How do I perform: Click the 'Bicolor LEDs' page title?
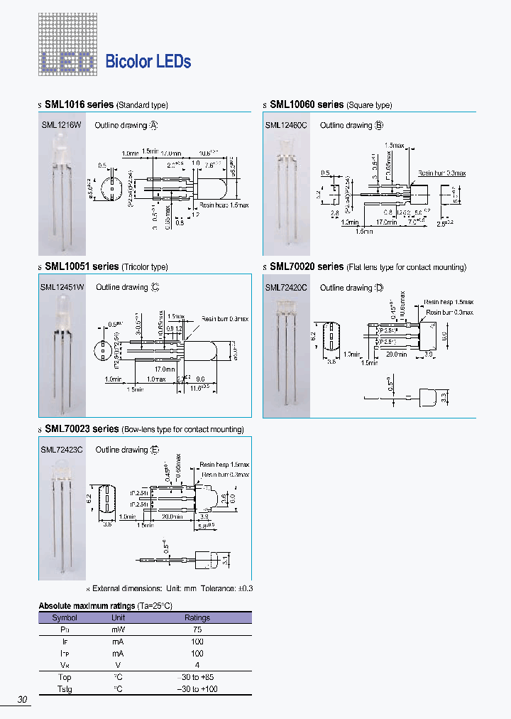pos(148,62)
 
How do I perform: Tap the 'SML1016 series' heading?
pos(79,104)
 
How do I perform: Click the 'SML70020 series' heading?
pos(307,266)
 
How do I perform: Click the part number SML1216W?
pos(61,125)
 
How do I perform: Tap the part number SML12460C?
pos(286,125)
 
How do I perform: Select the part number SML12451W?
pos(62,288)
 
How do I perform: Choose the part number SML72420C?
pos(286,288)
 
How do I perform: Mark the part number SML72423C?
pos(62,450)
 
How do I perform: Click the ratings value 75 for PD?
pos(197,629)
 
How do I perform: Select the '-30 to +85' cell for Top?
pos(197,677)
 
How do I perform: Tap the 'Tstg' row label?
pos(65,689)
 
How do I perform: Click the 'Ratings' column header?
pos(197,617)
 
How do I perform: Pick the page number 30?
pos(22,700)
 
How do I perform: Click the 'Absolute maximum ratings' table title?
pos(86,605)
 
